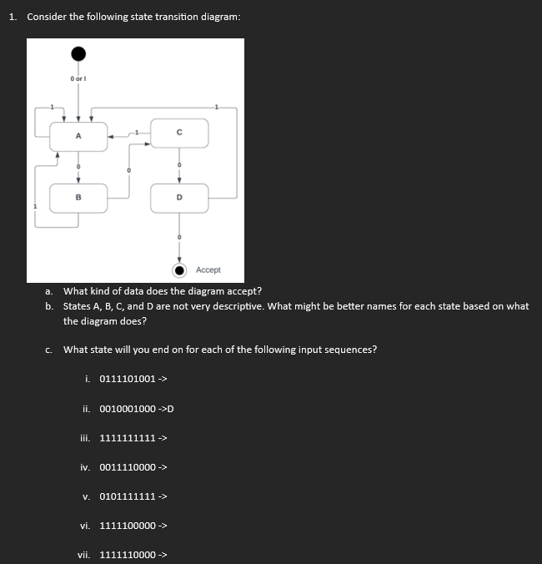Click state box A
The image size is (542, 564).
coord(79,136)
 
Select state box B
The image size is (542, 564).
coord(79,198)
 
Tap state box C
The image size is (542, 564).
coord(179,133)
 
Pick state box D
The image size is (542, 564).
coord(179,198)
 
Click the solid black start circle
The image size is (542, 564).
coord(78,54)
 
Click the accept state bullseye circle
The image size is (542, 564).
coord(179,269)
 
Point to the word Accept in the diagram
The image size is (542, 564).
coord(208,270)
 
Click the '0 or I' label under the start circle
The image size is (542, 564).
coord(78,78)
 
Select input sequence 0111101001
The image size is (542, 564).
coord(127,379)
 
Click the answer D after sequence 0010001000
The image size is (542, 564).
coord(169,409)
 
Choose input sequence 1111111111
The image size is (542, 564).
coord(127,438)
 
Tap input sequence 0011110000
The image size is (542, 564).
coord(127,467)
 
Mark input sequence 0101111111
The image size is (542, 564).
coord(127,496)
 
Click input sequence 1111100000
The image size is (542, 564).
coord(127,526)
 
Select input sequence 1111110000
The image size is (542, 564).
coord(127,555)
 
